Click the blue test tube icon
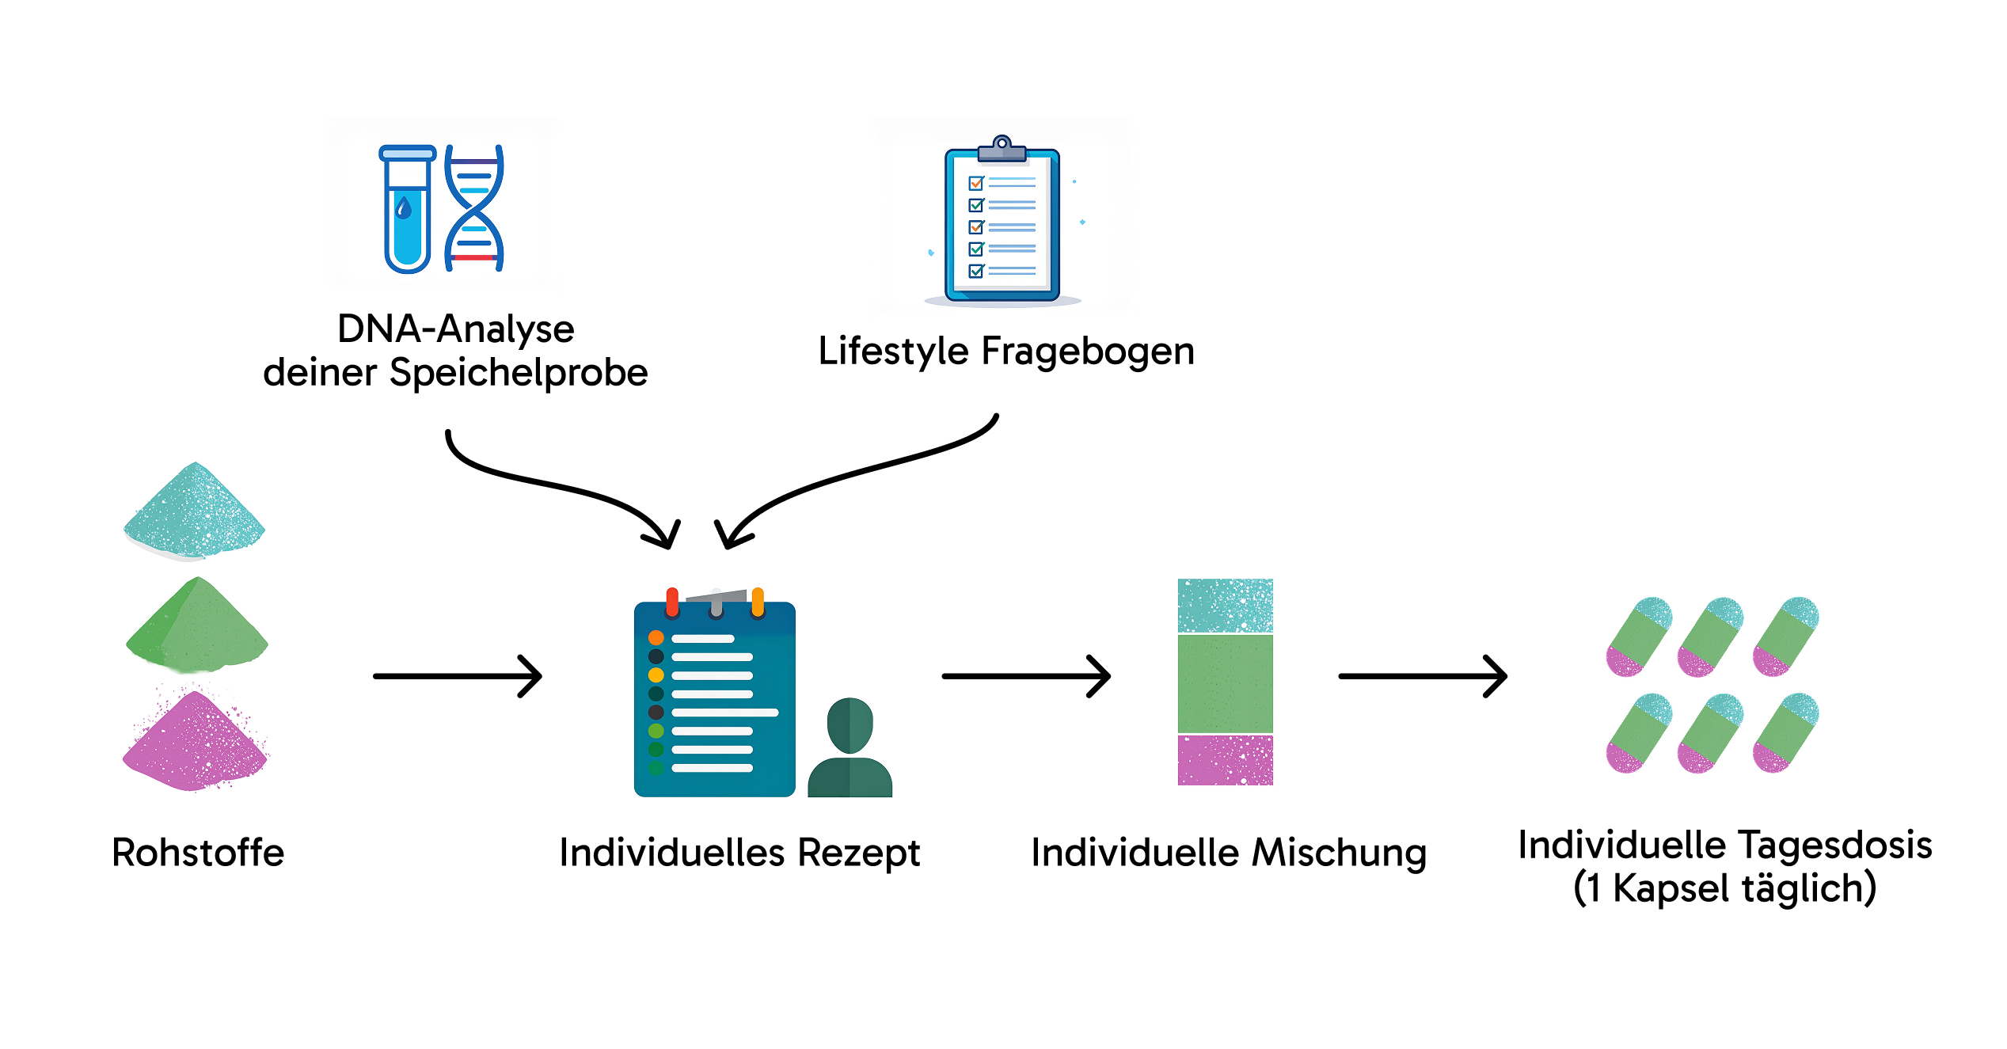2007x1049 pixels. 407,209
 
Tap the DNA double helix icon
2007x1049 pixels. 474,207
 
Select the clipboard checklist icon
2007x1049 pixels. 1002,223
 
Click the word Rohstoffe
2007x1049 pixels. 198,853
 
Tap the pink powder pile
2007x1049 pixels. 195,743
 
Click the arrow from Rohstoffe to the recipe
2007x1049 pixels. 458,676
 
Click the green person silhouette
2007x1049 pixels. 850,749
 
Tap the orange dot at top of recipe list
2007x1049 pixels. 656,637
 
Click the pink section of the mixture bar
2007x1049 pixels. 1225,760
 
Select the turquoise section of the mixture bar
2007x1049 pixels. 1225,606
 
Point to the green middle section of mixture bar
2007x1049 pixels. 1225,683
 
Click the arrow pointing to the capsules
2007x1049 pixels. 1422,676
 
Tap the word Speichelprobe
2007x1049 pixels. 519,373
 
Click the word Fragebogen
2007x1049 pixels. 1088,352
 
